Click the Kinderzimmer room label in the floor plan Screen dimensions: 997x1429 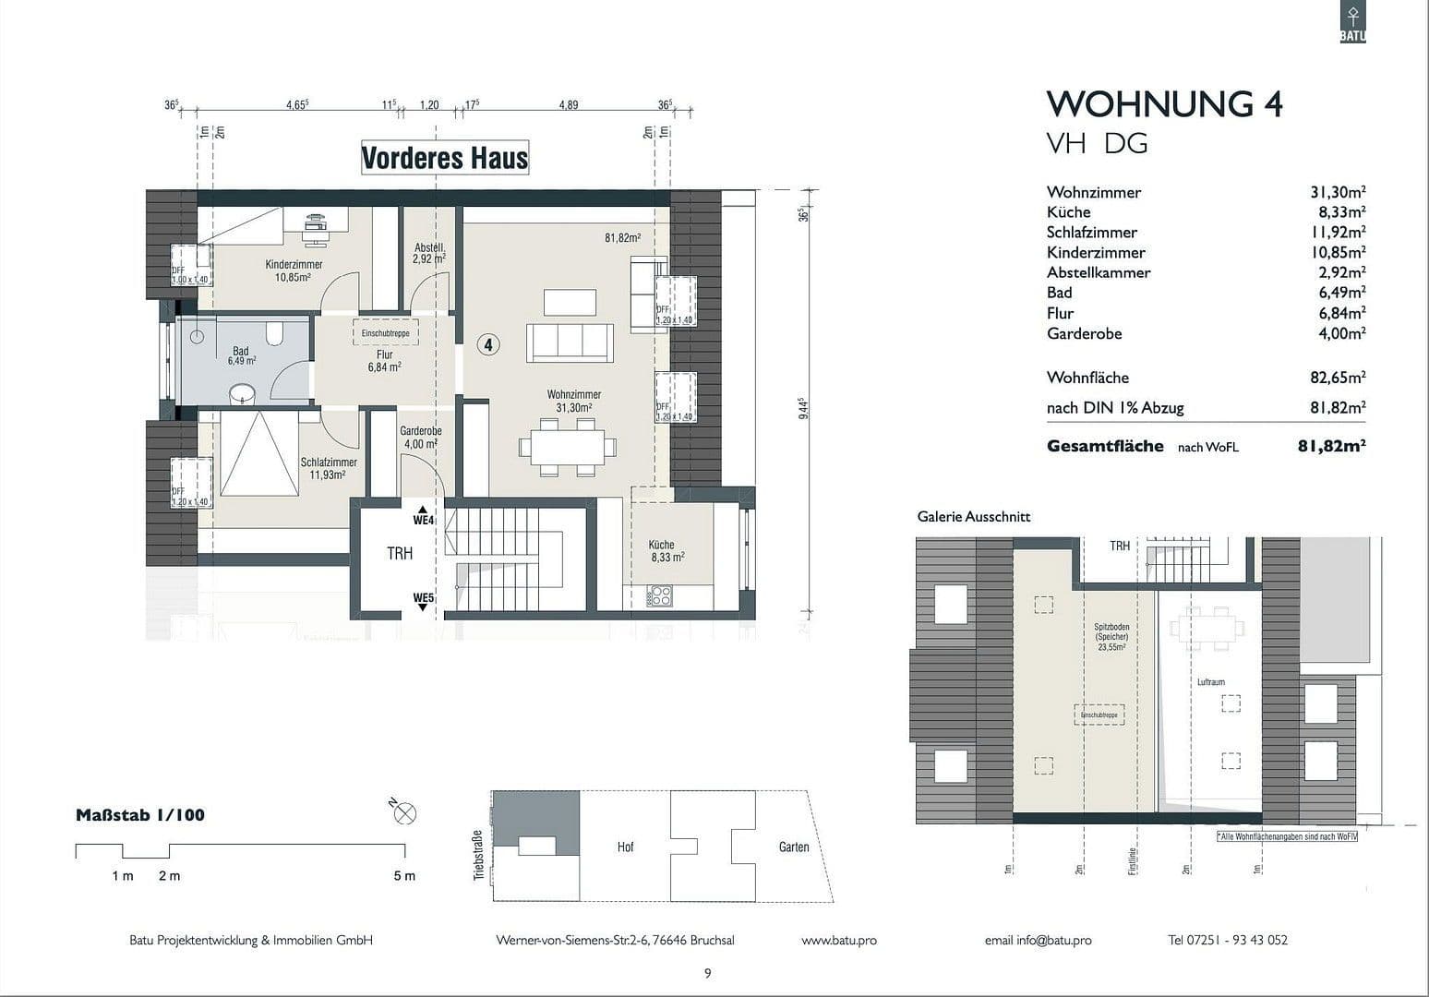pos(294,265)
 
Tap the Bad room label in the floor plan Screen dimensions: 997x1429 pos(241,352)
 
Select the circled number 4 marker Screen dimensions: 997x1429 pos(488,344)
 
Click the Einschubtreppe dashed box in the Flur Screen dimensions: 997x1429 pos(385,333)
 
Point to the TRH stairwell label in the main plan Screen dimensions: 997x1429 pos(400,554)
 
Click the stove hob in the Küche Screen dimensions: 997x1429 pos(660,595)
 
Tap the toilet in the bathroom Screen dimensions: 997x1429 pos(274,332)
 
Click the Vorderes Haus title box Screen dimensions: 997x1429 pos(444,158)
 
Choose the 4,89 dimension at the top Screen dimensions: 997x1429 pos(568,105)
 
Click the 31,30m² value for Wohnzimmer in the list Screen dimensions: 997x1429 pos(1337,192)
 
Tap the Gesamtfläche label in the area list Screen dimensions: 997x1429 pos(1105,446)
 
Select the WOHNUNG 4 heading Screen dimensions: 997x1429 pos(1164,103)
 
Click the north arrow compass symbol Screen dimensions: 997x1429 pos(404,813)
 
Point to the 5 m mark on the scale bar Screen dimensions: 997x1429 pos(404,875)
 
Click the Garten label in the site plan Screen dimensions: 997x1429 pos(793,847)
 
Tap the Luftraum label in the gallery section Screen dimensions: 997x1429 pos(1210,682)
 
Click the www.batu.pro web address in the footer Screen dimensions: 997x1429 pos(838,940)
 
